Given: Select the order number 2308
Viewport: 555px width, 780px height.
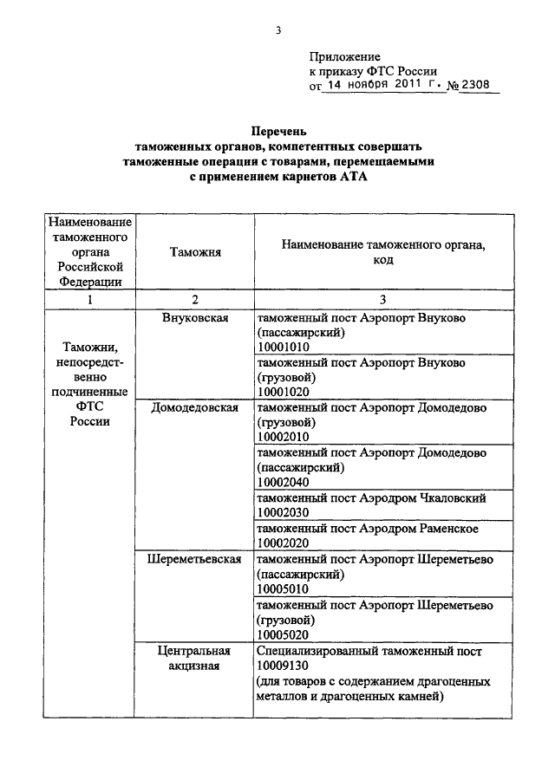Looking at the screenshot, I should point(477,85).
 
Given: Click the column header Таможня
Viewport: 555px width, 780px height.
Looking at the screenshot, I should point(195,252).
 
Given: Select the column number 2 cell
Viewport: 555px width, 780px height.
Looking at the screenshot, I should point(195,299).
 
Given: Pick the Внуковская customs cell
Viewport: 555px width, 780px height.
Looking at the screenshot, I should point(195,318).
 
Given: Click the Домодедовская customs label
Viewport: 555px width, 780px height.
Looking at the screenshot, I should point(195,406).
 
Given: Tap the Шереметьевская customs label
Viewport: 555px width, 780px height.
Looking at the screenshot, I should point(195,559).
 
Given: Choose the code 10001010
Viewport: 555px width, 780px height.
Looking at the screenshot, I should point(284,348).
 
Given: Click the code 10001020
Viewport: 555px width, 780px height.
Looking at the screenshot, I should point(284,392).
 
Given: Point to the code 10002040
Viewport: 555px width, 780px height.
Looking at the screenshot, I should point(284,482).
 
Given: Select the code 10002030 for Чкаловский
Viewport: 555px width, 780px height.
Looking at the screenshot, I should point(284,512).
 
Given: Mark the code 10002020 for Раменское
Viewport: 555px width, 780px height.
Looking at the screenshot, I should point(284,543).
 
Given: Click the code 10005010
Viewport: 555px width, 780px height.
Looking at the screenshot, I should point(284,588).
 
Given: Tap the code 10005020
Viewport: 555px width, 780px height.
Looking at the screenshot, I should point(284,634).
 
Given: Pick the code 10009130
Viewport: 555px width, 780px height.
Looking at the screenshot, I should point(284,665).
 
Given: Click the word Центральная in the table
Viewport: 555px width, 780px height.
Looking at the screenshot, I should point(194,650).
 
